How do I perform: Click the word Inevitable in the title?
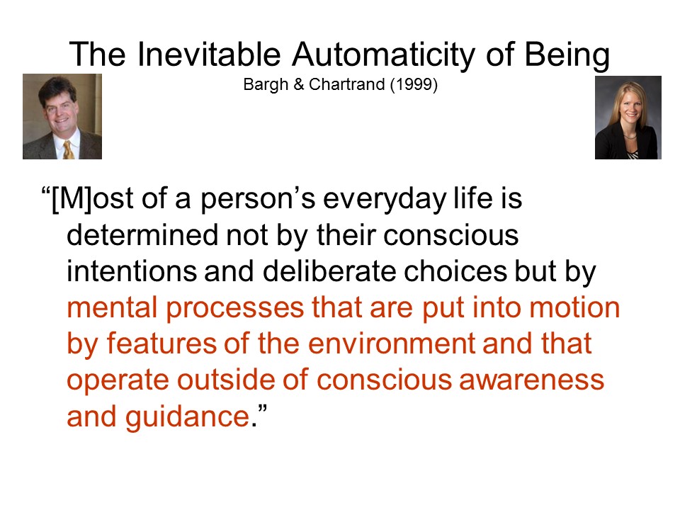pyautogui.click(x=209, y=55)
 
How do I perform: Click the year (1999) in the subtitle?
pyautogui.click(x=414, y=84)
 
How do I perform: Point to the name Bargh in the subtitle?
pyautogui.click(x=266, y=84)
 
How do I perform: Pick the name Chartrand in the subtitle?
pyautogui.click(x=347, y=84)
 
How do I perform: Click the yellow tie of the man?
pyautogui.click(x=68, y=150)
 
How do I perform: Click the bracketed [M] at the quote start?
pyautogui.click(x=72, y=199)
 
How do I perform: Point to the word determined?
pyautogui.click(x=142, y=235)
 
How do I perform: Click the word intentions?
pyautogui.click(x=132, y=271)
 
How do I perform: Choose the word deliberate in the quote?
pyautogui.click(x=329, y=271)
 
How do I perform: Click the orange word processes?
pyautogui.click(x=234, y=310)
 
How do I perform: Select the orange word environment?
pyautogui.click(x=392, y=344)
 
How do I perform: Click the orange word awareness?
pyautogui.click(x=531, y=380)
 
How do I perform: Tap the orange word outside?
pyautogui.click(x=226, y=380)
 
